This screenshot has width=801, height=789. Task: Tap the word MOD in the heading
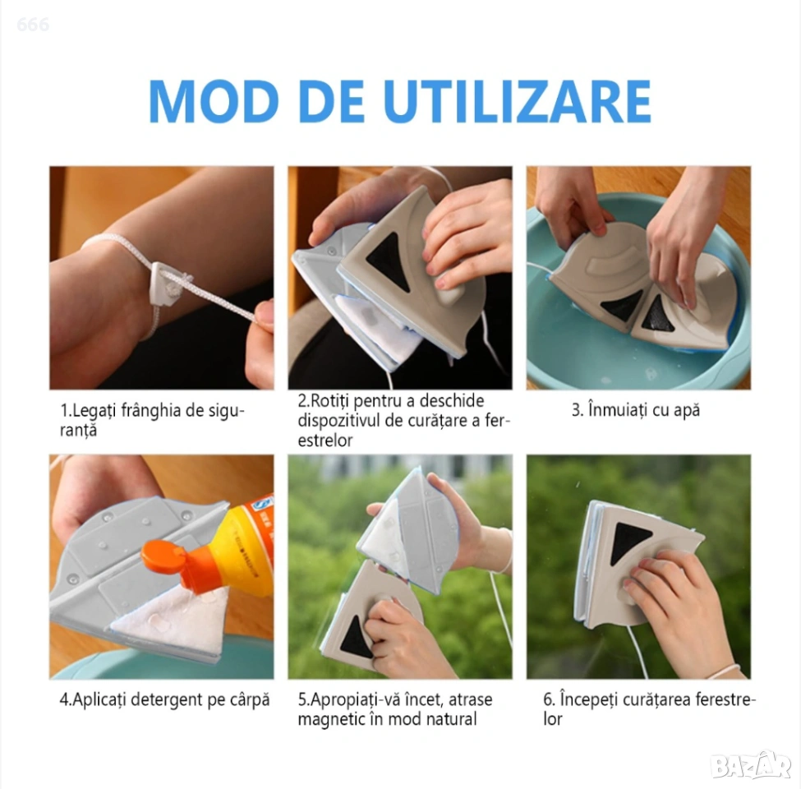(x=214, y=100)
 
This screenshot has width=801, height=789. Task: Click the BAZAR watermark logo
(x=751, y=765)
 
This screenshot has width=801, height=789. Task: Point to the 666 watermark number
(x=33, y=24)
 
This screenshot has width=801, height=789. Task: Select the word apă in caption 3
(x=685, y=411)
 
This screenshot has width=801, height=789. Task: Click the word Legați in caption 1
(x=94, y=411)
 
